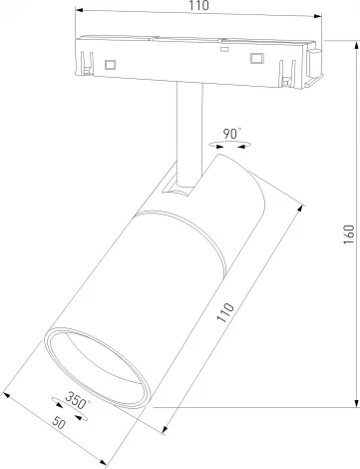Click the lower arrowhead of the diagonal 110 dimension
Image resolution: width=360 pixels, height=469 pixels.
[165, 433]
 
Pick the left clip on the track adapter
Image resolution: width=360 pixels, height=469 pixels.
[82, 63]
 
